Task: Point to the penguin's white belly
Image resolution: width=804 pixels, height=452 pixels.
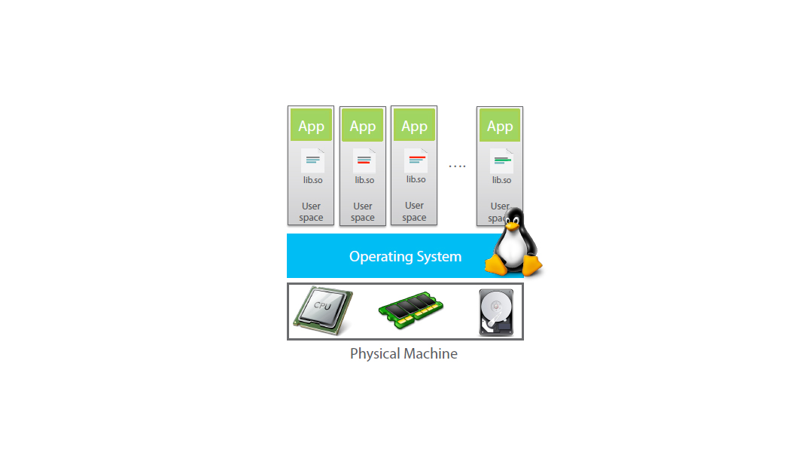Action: coord(513,248)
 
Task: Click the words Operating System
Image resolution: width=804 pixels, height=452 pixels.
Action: coord(405,257)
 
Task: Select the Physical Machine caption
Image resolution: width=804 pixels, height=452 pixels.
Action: coord(404,353)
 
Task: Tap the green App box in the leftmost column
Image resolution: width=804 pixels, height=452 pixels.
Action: coord(311,126)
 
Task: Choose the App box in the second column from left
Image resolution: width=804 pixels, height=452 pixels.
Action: coord(363,127)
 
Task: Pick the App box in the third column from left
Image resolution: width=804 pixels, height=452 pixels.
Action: coord(414,126)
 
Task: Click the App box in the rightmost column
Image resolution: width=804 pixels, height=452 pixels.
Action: coord(500,126)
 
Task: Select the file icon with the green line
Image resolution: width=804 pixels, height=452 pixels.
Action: coord(501,160)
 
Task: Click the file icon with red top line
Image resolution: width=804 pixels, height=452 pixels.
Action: coord(416,160)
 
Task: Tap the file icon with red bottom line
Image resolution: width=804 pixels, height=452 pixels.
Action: coord(364,160)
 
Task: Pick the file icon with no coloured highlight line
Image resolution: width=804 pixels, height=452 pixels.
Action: coord(312,160)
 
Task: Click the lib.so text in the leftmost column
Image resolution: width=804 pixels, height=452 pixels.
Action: coord(312,180)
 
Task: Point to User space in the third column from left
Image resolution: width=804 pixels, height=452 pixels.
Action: coord(414,212)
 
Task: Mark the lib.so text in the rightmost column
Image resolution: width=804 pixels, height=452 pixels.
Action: coord(501,180)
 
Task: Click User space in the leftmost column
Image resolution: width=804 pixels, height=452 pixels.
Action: coord(311,212)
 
